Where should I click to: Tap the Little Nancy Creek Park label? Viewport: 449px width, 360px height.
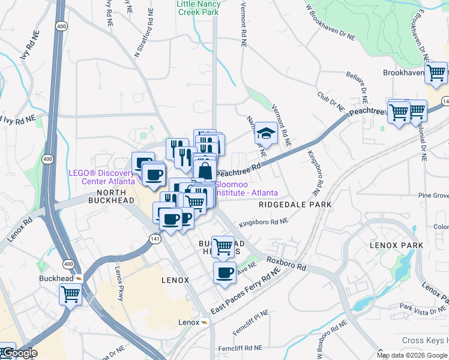(199, 8)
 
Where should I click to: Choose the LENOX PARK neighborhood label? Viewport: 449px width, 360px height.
(396, 245)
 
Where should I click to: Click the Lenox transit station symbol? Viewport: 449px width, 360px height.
(205, 322)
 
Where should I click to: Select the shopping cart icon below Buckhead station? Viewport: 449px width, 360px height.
(70, 295)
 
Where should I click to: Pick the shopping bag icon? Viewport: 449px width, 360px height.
(205, 170)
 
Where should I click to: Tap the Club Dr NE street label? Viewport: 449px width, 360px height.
(331, 101)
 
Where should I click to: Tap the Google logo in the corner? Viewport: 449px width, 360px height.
(19, 353)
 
